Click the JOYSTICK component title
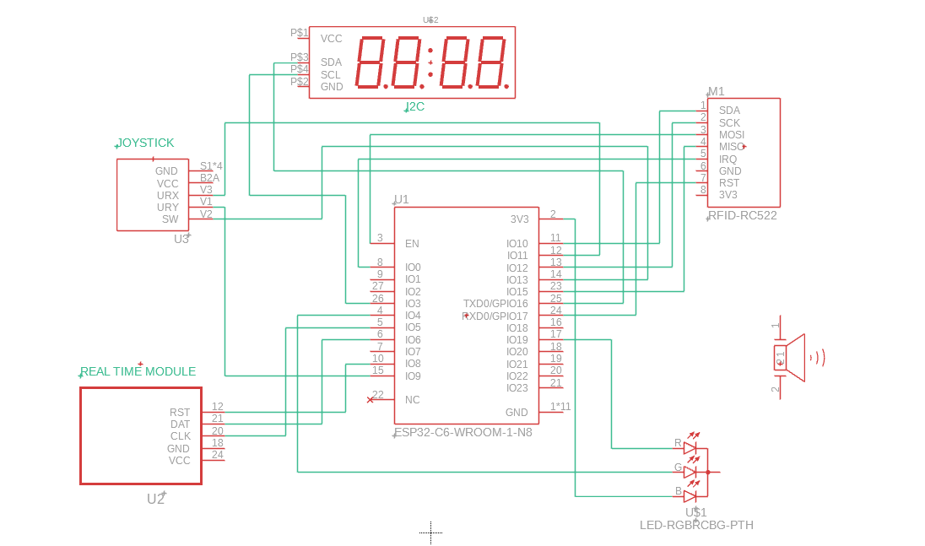click(146, 143)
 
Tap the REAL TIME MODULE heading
click(138, 371)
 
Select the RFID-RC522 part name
click(743, 215)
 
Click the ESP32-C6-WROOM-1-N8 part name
click(463, 432)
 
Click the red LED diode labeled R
click(690, 448)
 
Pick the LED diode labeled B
click(690, 496)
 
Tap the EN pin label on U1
click(412, 244)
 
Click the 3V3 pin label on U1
click(519, 219)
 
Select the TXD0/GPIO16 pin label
click(495, 304)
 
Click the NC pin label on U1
click(412, 400)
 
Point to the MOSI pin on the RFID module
click(732, 135)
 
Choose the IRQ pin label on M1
click(728, 159)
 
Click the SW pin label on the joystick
click(170, 219)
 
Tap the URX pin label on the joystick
click(168, 195)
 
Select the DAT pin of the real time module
click(180, 424)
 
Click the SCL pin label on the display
click(331, 74)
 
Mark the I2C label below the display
click(414, 106)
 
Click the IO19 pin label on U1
click(517, 340)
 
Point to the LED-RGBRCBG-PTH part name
click(696, 525)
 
